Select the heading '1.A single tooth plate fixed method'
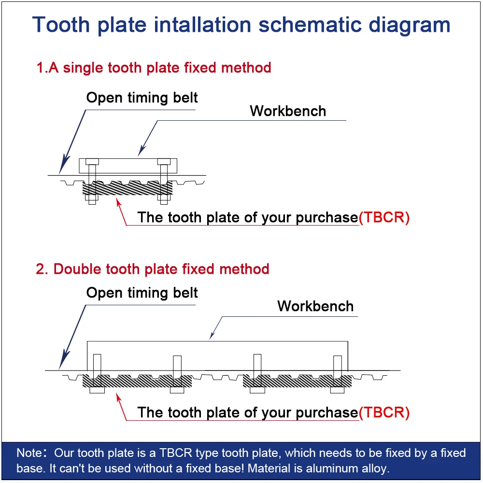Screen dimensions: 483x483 [x=154, y=68]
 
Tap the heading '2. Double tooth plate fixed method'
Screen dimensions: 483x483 [x=152, y=269]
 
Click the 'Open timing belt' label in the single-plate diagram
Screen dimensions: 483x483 [x=142, y=98]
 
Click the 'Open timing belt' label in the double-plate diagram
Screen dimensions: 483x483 [x=142, y=293]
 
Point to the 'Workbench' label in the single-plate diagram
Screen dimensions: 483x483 [x=288, y=111]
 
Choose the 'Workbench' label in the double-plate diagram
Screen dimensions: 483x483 [x=315, y=306]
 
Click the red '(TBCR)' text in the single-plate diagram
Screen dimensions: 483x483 [x=384, y=217]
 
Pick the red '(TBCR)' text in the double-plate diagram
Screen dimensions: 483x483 [x=384, y=412]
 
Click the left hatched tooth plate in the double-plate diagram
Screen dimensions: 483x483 [x=137, y=382]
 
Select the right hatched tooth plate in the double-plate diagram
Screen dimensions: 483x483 [x=297, y=382]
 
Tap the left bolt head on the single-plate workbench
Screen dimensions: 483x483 [x=92, y=161]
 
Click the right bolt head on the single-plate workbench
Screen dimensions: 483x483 [x=164, y=161]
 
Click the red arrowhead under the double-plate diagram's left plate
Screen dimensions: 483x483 [x=117, y=397]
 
